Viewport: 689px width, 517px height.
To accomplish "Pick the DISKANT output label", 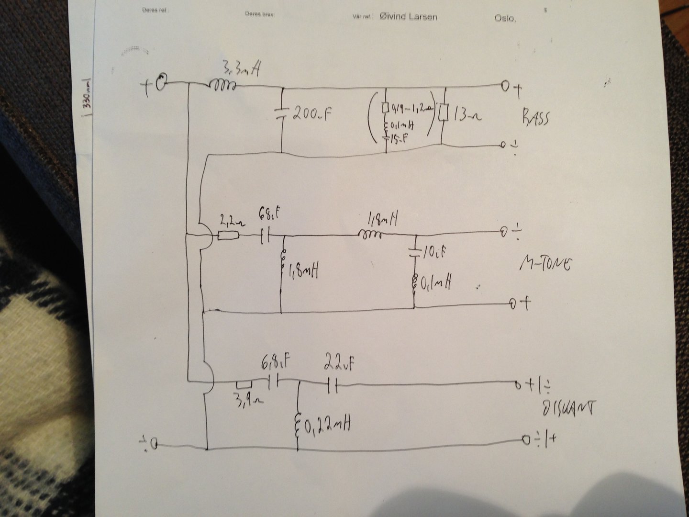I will pos(567,408).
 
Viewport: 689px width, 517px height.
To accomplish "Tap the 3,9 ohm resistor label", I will pos(244,397).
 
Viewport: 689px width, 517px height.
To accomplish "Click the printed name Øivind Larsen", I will pos(408,17).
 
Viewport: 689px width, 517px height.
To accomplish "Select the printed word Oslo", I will pos(505,18).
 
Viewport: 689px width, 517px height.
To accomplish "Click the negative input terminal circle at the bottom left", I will pos(153,445).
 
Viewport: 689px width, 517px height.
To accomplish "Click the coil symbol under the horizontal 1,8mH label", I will pos(371,235).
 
